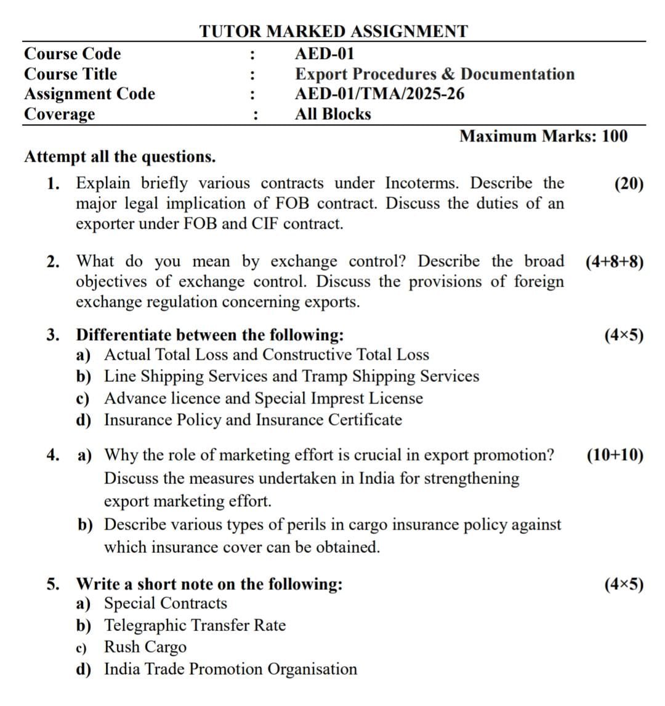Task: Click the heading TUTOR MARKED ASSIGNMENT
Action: tap(333, 31)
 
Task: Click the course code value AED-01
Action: tap(324, 54)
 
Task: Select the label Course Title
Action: tap(70, 74)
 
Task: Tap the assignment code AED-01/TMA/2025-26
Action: tap(379, 94)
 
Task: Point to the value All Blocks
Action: tap(332, 114)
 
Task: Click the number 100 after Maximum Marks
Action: tap(615, 136)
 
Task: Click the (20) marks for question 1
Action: tap(629, 184)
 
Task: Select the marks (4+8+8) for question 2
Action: tap(615, 262)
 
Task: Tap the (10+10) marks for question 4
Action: tap(615, 455)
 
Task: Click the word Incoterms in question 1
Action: tap(424, 183)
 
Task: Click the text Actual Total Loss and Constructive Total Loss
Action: tap(266, 355)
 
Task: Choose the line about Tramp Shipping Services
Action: tap(291, 376)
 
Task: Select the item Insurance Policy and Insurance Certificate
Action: tap(252, 420)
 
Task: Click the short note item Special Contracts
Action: tap(165, 603)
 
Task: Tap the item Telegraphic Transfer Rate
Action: tap(195, 625)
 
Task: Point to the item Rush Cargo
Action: tap(145, 647)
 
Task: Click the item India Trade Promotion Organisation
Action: tap(230, 669)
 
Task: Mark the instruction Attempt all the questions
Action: tap(120, 157)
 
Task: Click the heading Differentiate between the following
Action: tap(209, 335)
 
